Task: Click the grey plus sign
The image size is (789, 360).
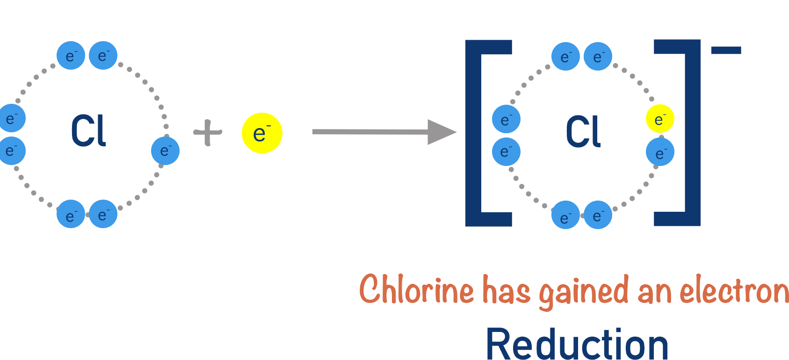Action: click(x=208, y=133)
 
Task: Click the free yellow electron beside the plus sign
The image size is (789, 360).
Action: click(x=262, y=133)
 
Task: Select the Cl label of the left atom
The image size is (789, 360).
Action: click(x=88, y=131)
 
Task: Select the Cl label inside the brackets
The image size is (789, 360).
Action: click(x=583, y=132)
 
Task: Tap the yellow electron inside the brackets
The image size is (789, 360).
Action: click(x=660, y=119)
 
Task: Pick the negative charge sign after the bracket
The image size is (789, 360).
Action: click(x=726, y=50)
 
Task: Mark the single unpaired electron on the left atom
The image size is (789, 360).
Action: click(x=166, y=151)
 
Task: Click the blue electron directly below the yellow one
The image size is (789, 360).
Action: click(x=660, y=152)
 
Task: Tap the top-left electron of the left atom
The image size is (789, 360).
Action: click(x=71, y=56)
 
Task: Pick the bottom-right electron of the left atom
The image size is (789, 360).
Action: click(x=103, y=214)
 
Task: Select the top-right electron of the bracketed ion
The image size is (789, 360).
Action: click(x=598, y=57)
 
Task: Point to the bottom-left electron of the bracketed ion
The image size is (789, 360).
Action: click(x=565, y=215)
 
